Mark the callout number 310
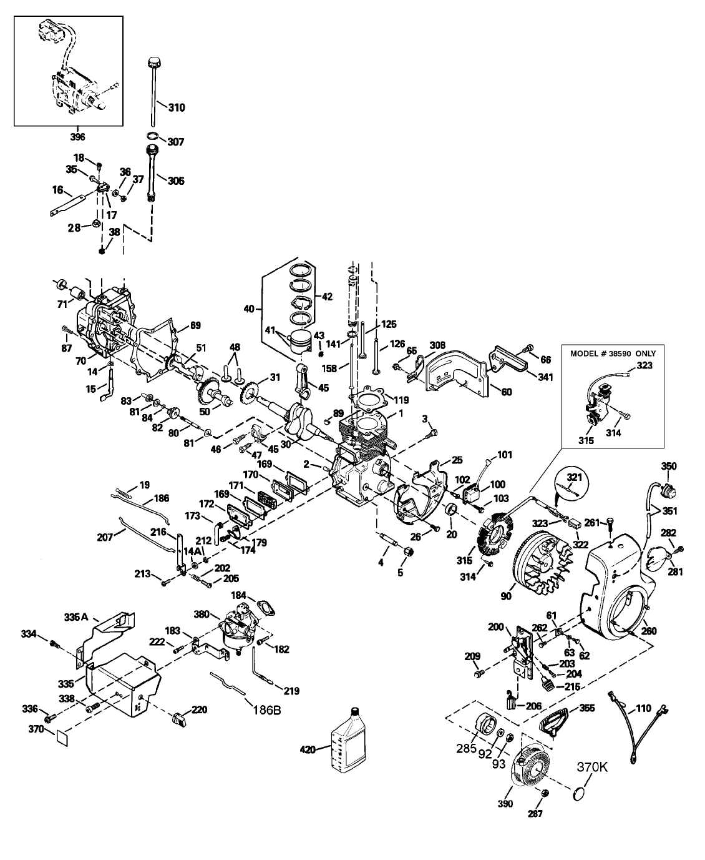pyautogui.click(x=177, y=107)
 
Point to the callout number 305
pyautogui.click(x=176, y=180)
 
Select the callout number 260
pyautogui.click(x=649, y=631)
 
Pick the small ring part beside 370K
pyautogui.click(x=581, y=793)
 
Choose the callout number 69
pyautogui.click(x=195, y=325)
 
